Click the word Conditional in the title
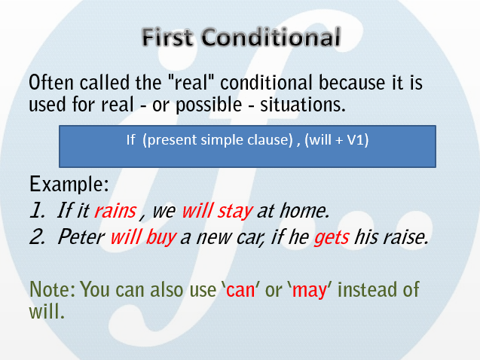271,37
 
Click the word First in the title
167,37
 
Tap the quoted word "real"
191,82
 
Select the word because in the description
352,82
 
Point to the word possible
209,105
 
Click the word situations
303,104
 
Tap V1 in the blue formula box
357,140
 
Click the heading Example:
69,184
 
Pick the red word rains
115,211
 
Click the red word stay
235,212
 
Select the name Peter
81,236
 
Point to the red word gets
332,237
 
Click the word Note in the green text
52,289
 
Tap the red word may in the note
309,290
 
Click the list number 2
37,236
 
